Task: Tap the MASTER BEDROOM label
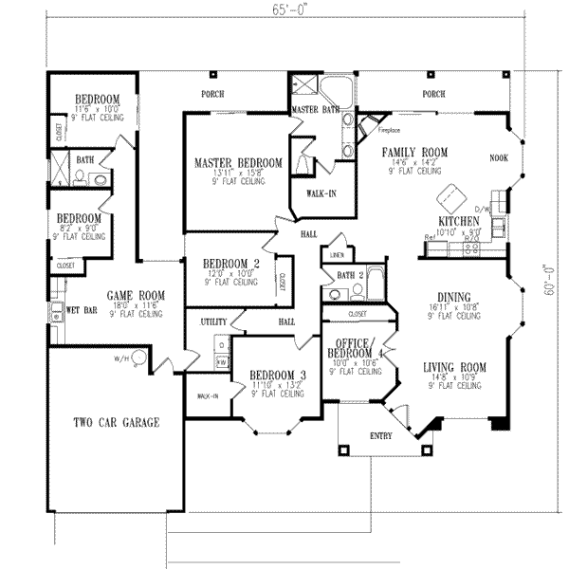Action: [x=238, y=163]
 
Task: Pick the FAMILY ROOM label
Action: [x=414, y=152]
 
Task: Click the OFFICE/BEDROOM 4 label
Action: [x=352, y=347]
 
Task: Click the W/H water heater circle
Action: [x=138, y=358]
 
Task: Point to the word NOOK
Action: [x=498, y=160]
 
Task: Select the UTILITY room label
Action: [x=213, y=322]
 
